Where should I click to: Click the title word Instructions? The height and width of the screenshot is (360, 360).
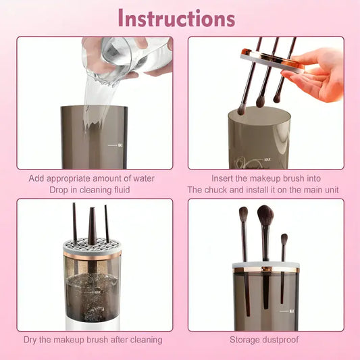coord(177,18)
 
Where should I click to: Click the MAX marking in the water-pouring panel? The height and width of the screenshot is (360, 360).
coord(120,145)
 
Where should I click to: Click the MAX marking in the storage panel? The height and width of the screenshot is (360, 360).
coord(291,311)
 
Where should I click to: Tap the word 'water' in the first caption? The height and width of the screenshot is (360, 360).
coord(141,178)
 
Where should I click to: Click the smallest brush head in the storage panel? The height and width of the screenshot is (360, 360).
coord(284,238)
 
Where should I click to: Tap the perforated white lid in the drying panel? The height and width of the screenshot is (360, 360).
coord(92,248)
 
